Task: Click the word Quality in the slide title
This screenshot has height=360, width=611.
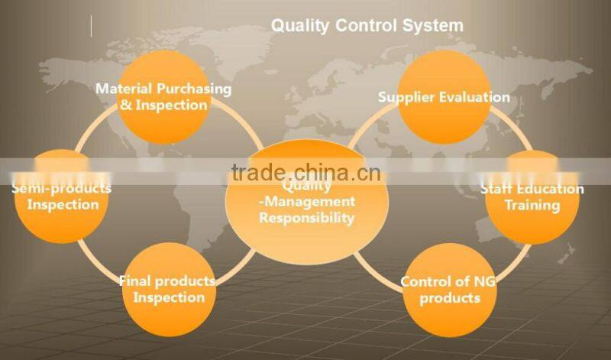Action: [x=299, y=25]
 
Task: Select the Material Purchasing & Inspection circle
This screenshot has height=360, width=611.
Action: [x=163, y=96]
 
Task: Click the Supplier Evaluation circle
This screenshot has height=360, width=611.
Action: [x=445, y=96]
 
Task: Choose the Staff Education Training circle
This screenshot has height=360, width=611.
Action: [x=532, y=196]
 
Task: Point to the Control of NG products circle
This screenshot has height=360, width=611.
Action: [x=448, y=289]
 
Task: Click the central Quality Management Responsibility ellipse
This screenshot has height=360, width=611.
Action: [x=306, y=202]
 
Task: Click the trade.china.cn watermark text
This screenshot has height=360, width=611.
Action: [x=306, y=173]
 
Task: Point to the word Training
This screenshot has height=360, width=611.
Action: [x=532, y=206]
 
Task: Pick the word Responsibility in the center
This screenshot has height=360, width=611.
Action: [x=306, y=218]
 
